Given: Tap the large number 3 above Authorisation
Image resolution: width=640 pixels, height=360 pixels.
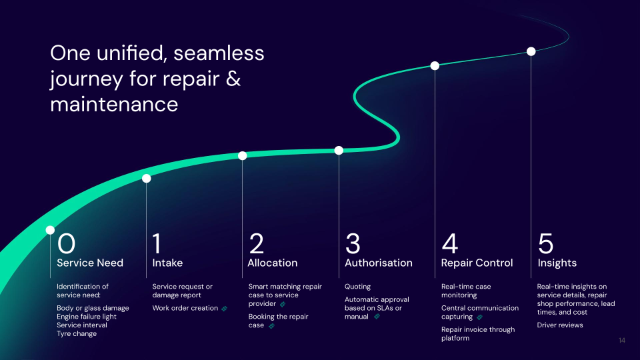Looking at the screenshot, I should (x=353, y=243).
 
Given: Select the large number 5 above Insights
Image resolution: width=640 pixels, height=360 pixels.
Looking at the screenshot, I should (x=545, y=243).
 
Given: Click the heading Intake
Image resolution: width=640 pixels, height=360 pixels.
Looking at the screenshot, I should (x=167, y=263).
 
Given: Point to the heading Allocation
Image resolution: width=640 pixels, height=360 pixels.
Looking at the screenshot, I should (x=273, y=263).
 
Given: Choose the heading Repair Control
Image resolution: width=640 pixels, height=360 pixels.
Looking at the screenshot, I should (x=477, y=263).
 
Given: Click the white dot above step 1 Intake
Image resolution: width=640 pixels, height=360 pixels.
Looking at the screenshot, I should (x=147, y=178).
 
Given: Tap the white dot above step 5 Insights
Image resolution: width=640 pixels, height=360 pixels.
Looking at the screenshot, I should (x=531, y=51).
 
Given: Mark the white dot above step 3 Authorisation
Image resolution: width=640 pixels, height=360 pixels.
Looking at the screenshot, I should (x=339, y=150).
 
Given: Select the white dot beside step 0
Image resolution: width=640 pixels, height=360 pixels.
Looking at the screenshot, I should (x=50, y=230).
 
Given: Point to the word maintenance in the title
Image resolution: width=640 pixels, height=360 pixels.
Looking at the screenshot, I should (x=114, y=105).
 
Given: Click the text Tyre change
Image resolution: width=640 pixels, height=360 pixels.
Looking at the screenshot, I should (x=77, y=333).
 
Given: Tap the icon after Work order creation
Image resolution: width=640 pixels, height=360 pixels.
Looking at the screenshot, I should (x=225, y=308).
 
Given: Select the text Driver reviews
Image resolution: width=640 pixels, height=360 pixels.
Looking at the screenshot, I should (x=560, y=325).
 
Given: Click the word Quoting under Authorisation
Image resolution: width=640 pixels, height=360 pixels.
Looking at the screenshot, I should (x=357, y=287).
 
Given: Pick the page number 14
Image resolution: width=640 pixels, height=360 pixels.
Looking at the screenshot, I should (x=621, y=341).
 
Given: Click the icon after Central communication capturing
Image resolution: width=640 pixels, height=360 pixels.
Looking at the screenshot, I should (x=479, y=317).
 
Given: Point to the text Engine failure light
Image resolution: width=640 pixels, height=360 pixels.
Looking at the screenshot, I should (x=87, y=316).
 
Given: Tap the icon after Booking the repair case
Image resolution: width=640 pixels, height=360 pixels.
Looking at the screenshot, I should (x=271, y=325).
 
